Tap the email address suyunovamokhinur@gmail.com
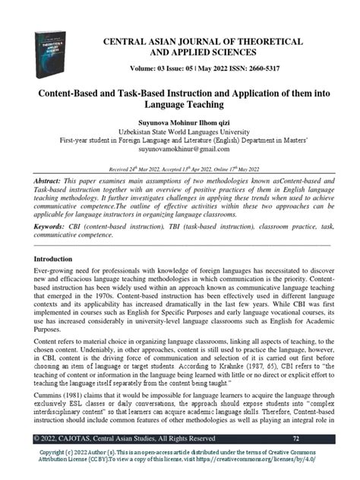tap(180, 151)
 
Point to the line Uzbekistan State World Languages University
tap(180, 131)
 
